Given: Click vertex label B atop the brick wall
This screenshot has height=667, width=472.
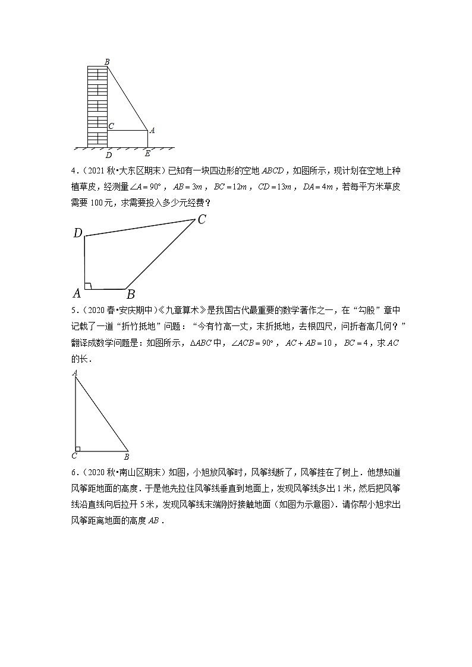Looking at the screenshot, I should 106,61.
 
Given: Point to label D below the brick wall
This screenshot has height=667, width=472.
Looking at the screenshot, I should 108,155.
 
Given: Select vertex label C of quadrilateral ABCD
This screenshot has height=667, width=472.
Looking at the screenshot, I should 202,220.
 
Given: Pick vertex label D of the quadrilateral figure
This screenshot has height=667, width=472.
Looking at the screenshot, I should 78,233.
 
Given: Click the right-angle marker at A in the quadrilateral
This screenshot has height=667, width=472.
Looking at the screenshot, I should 88,286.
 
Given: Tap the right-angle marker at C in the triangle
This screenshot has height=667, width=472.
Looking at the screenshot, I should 78,448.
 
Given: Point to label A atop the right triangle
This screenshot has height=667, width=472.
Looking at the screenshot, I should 75,372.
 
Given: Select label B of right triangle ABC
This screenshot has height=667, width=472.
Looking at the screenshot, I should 126,457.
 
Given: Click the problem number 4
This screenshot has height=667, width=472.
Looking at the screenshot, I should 73,173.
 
